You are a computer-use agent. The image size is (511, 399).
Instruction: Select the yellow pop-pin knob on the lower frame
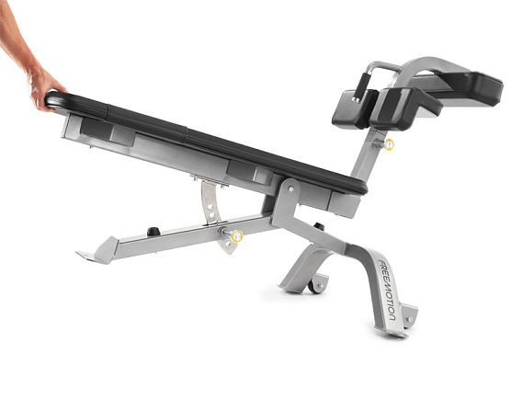[x=236, y=236]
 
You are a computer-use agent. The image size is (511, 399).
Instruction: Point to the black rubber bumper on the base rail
[x=153, y=231]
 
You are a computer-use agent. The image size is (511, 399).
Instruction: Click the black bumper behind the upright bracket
[x=318, y=227]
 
